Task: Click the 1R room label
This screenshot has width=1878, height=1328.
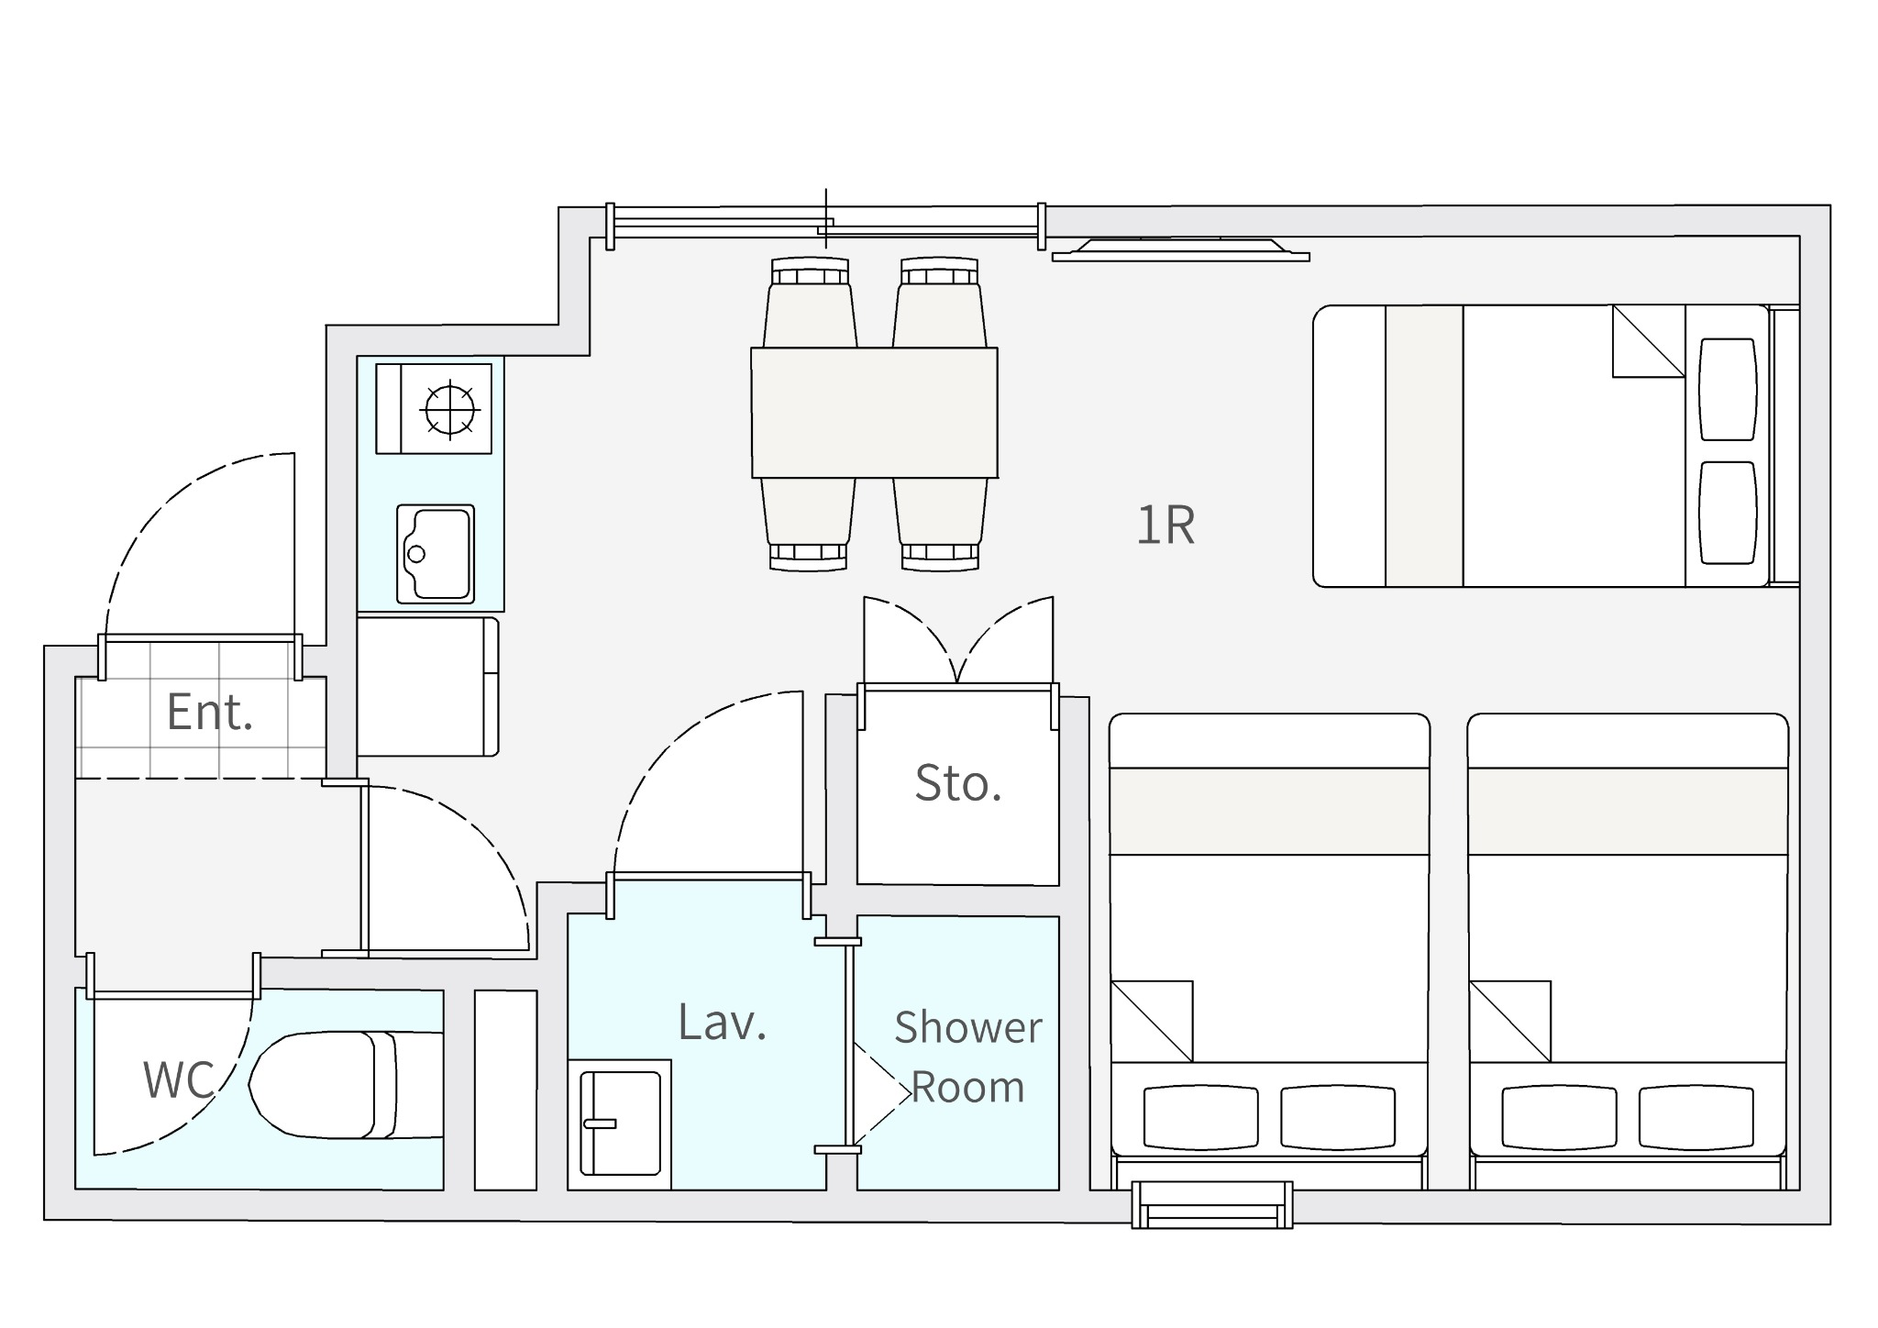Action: [x=1165, y=526]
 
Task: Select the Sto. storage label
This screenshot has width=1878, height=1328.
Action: [x=958, y=783]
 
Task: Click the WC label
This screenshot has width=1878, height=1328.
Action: [x=178, y=1079]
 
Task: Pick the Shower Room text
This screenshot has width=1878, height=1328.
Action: [x=968, y=1057]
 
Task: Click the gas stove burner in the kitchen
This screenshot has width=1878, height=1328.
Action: [x=450, y=409]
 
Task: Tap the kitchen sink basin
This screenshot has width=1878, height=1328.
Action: [x=436, y=554]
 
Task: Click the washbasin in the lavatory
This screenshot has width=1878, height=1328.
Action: [x=620, y=1124]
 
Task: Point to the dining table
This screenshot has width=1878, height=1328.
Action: [x=875, y=413]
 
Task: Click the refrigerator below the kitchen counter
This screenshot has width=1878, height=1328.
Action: [x=427, y=687]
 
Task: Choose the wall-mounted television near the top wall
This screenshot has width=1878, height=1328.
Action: [x=1181, y=249]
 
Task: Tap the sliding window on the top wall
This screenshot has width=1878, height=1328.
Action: [x=825, y=226]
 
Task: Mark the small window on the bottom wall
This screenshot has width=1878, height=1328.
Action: [x=1212, y=1205]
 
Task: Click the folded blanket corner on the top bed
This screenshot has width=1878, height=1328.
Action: [x=1649, y=341]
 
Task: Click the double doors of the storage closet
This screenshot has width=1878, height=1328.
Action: [x=958, y=641]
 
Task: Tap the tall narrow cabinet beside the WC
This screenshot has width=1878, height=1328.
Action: [x=505, y=1090]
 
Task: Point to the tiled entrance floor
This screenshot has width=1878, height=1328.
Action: [x=201, y=711]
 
